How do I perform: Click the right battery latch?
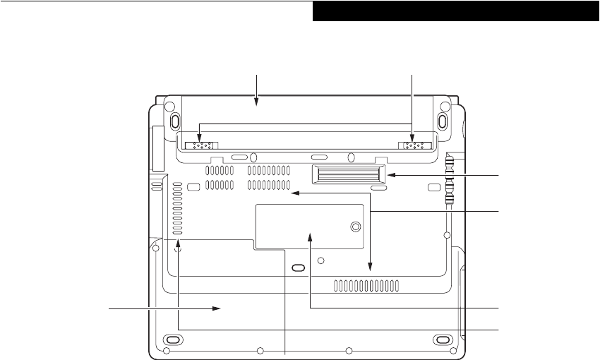(x=413, y=145)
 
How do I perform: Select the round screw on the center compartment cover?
(x=356, y=227)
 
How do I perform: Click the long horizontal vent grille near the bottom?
(x=366, y=285)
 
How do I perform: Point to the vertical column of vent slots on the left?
(x=176, y=210)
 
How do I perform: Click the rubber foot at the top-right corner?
(x=443, y=119)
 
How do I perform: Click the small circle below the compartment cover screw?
(x=321, y=260)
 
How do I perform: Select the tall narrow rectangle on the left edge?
(x=157, y=149)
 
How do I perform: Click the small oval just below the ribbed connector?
(x=379, y=188)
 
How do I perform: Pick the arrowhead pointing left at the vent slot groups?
(x=296, y=191)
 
